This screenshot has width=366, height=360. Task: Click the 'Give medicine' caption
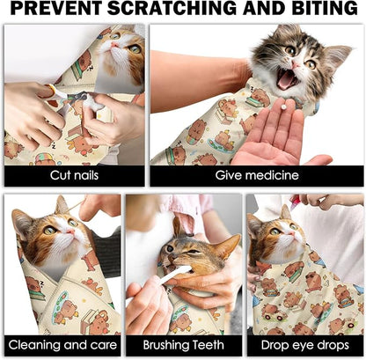256,176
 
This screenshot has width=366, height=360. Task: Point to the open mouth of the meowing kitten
288,79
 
